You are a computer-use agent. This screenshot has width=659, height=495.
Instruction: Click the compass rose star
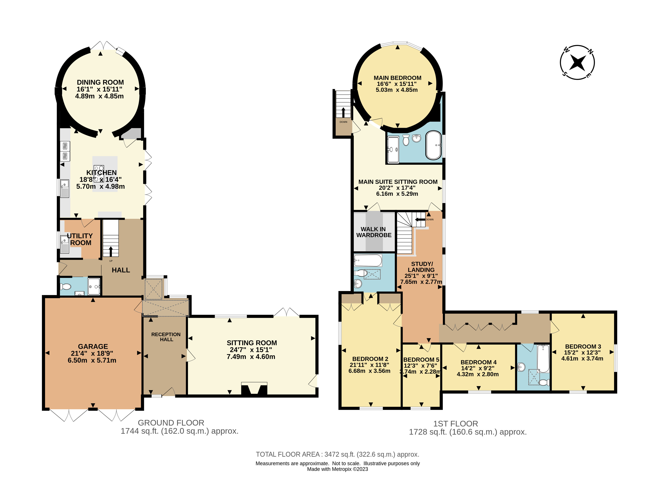(577, 62)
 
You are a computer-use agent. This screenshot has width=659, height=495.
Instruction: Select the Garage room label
(93, 346)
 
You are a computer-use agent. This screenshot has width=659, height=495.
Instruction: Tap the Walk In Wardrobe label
(374, 232)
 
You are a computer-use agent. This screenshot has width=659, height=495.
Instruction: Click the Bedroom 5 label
(421, 359)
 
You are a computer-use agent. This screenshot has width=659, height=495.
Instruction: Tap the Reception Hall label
(166, 337)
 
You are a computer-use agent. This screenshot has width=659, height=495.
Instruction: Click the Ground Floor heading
(171, 423)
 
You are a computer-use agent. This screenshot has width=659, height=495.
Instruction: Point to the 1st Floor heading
(456, 424)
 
